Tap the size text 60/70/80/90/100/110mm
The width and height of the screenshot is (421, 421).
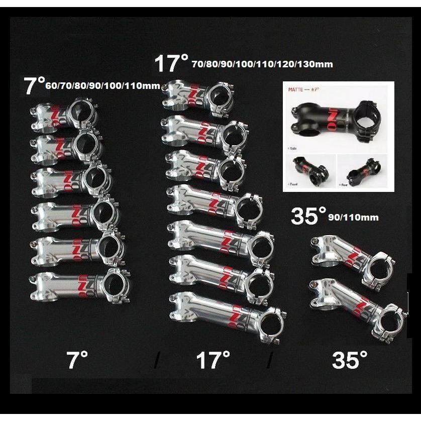click(x=102, y=86)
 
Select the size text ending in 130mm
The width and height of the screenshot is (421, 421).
click(x=262, y=64)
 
